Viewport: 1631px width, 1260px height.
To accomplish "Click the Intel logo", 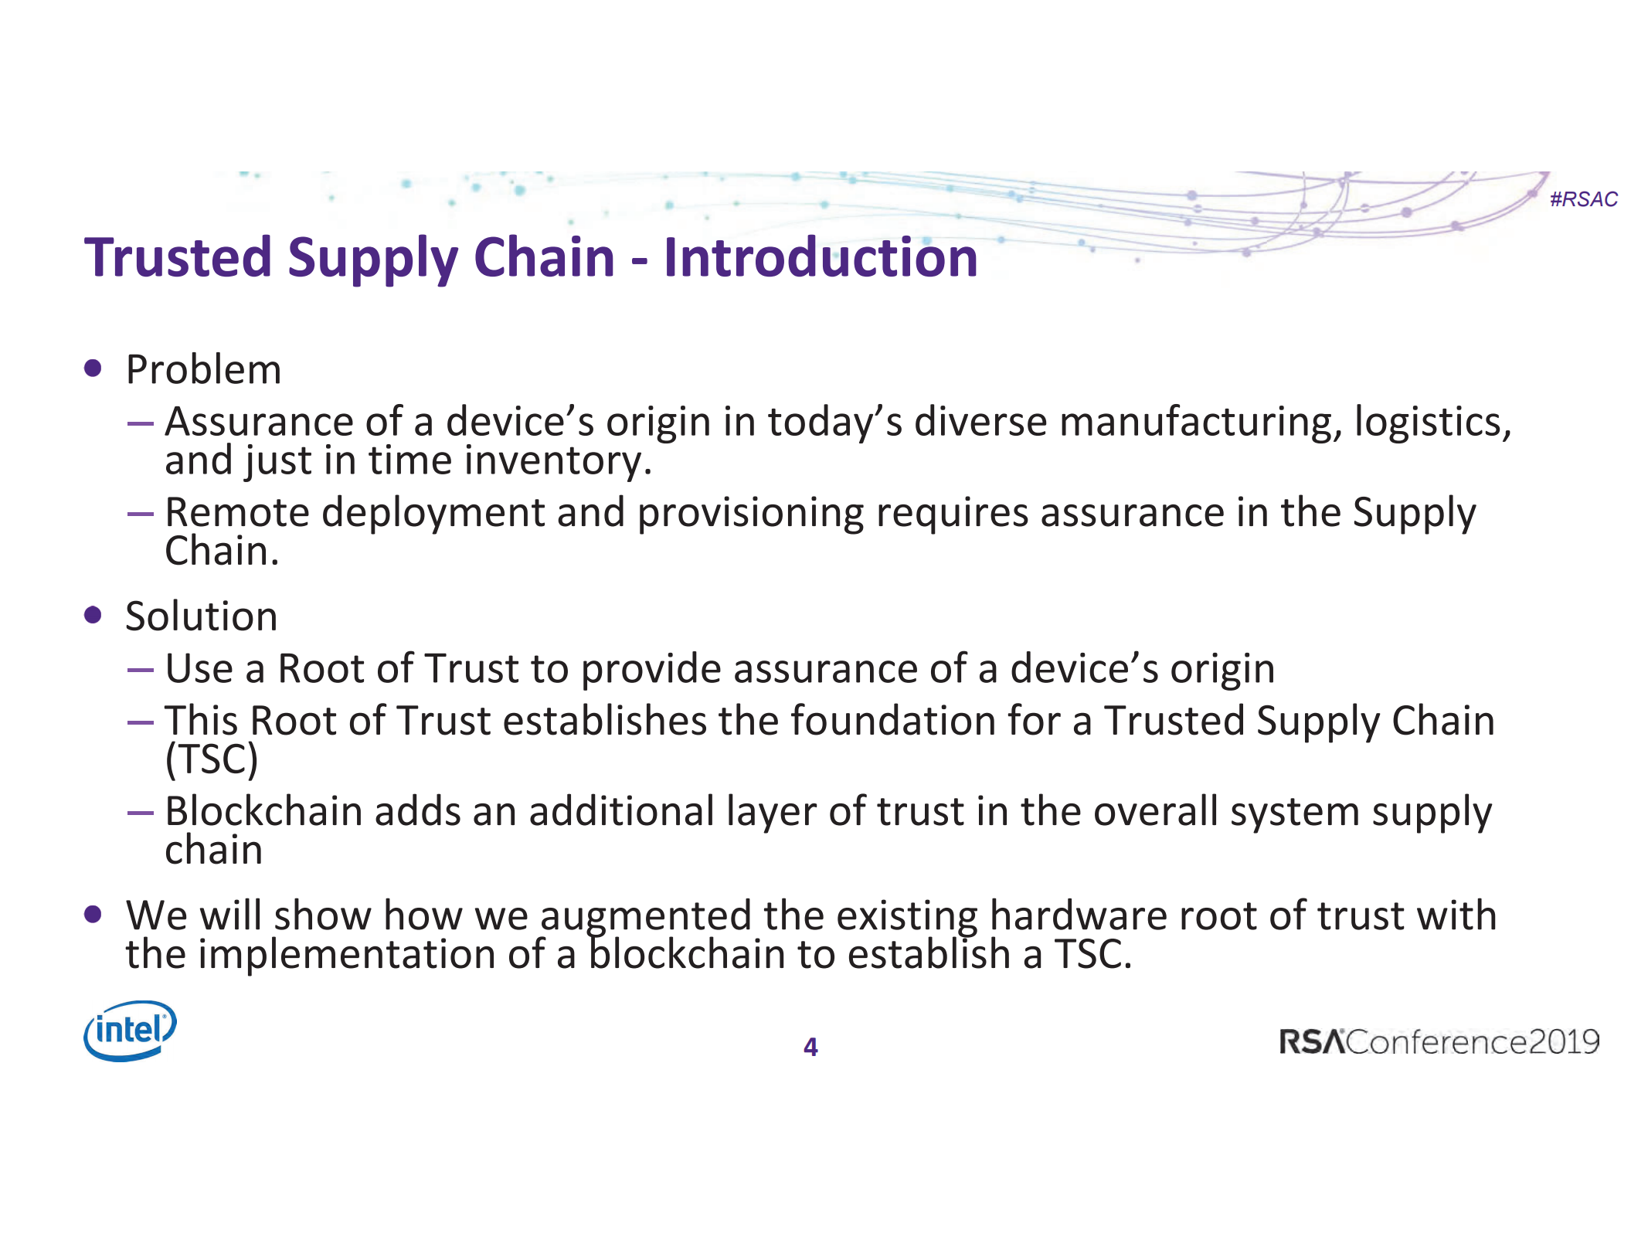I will (130, 1031).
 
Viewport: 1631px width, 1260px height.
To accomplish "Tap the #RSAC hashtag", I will (1583, 199).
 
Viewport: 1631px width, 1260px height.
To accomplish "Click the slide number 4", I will (810, 1047).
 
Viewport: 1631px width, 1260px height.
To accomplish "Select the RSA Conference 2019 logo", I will (1439, 1042).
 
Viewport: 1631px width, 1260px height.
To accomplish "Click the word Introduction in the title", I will (821, 257).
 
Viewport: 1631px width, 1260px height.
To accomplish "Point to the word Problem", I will (203, 370).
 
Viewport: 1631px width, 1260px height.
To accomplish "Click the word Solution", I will (201, 616).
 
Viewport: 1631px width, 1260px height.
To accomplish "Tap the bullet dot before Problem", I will (93, 368).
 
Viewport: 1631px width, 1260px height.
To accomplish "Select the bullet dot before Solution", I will (93, 615).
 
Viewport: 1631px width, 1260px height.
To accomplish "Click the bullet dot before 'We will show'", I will (93, 915).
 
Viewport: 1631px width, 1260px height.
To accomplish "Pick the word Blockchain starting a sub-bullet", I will (263, 812).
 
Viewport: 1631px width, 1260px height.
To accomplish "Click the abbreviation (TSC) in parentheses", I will (211, 759).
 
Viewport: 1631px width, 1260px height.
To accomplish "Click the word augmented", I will (645, 917).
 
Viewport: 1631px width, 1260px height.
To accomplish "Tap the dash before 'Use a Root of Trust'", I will (141, 670).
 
